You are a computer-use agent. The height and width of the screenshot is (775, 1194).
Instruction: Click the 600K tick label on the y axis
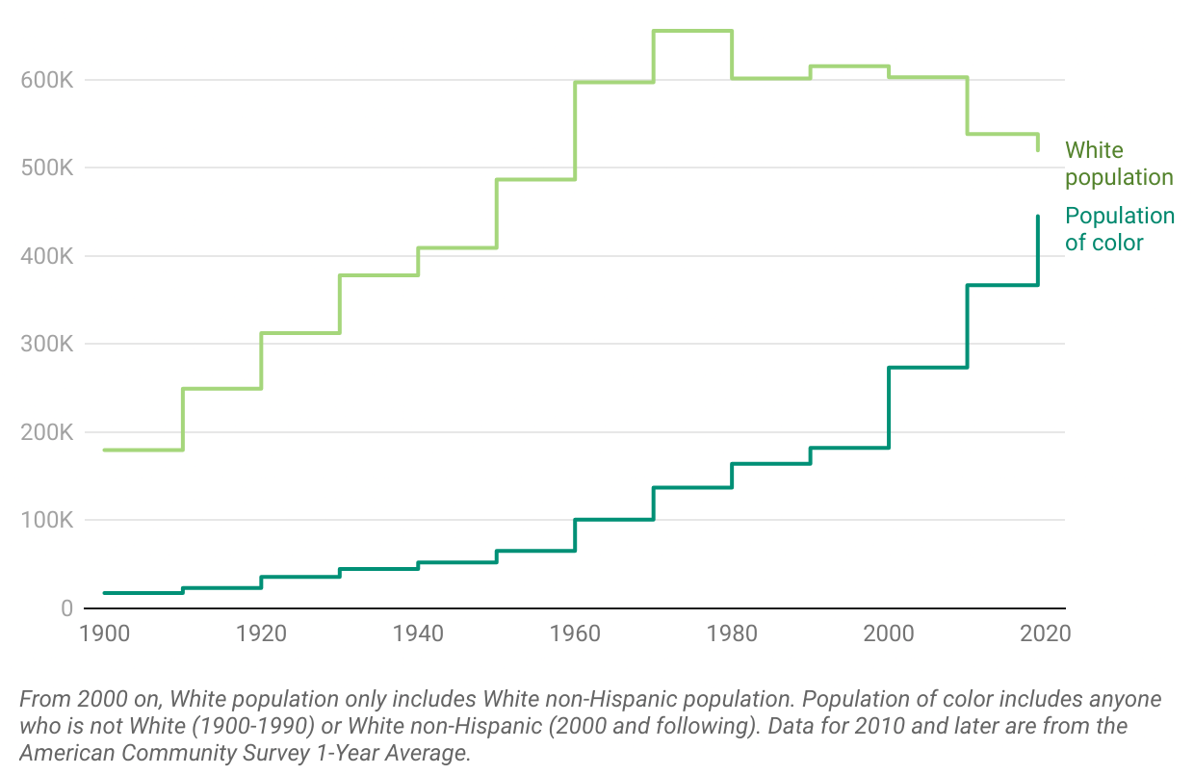point(46,80)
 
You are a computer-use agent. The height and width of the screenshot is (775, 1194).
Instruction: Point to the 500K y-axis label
point(46,168)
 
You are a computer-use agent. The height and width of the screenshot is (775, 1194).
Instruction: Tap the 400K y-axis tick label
point(46,256)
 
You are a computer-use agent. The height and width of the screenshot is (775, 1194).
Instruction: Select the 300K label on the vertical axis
point(46,345)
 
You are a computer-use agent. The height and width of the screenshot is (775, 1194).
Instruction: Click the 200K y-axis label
point(46,432)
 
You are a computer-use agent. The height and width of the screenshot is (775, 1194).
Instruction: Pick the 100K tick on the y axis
point(46,521)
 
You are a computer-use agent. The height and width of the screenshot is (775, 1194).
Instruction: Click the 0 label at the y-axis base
point(66,608)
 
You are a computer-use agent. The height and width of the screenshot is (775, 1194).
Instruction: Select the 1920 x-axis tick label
point(261,633)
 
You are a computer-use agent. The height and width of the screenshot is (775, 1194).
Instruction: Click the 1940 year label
point(418,633)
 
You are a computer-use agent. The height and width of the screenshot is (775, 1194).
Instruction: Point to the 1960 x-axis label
point(575,633)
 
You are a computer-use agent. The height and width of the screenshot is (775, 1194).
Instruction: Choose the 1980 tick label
point(732,633)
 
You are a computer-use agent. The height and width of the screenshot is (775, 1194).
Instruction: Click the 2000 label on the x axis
point(889,633)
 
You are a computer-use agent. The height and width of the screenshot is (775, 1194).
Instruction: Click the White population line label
point(1118,164)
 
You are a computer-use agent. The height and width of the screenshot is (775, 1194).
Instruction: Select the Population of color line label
point(1119,229)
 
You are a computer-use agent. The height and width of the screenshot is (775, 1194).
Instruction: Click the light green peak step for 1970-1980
point(692,31)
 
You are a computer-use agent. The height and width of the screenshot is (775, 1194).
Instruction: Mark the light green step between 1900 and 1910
point(143,450)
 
